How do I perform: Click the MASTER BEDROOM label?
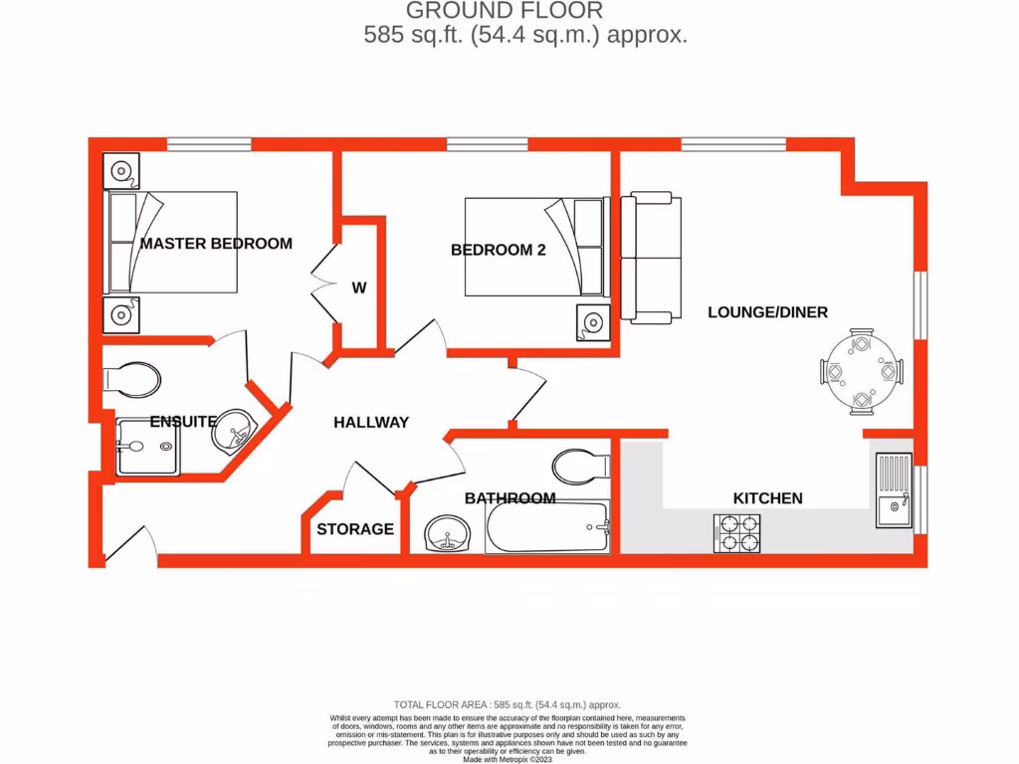click(x=216, y=244)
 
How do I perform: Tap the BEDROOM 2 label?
click(x=498, y=251)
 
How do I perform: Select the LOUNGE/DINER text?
click(x=767, y=312)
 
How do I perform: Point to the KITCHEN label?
click(x=767, y=498)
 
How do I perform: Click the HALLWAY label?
click(x=370, y=423)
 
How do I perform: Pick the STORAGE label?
click(x=355, y=529)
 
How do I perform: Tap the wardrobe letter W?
click(x=359, y=288)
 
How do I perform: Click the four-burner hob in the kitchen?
click(x=736, y=533)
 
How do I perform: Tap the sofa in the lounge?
click(x=651, y=259)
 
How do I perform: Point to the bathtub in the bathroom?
click(x=547, y=528)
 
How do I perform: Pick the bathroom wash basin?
click(x=447, y=534)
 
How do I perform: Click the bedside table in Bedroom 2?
click(x=593, y=322)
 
